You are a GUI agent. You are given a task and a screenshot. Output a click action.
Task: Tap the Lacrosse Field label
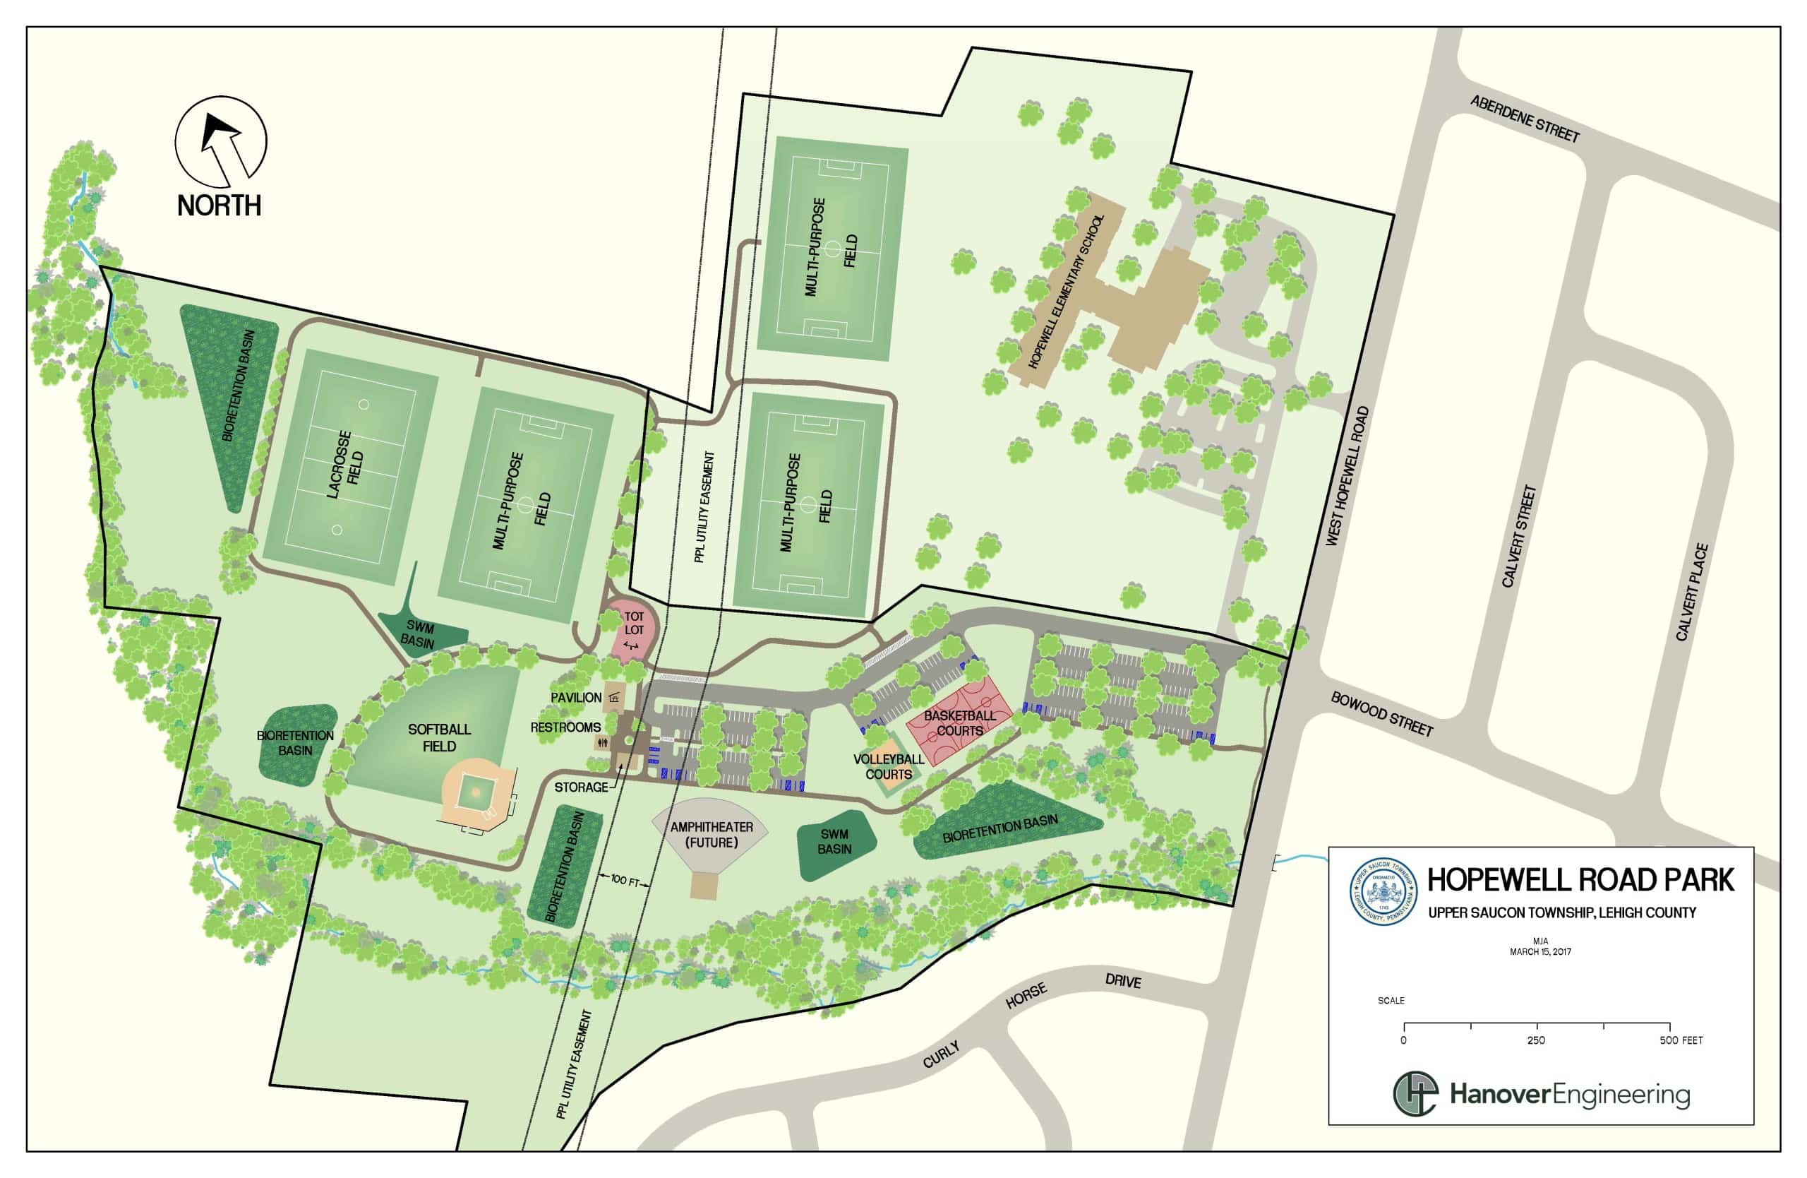point(345,464)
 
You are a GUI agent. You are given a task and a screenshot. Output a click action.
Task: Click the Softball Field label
point(439,737)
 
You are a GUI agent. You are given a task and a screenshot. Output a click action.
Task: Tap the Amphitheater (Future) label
point(712,835)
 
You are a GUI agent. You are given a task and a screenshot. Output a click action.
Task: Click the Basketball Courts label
point(959,723)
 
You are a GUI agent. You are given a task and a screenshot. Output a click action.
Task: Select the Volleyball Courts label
point(888,766)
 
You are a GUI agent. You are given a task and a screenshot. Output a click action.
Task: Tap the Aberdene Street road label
point(1524,119)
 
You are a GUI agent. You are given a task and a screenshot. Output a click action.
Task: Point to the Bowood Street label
point(1381,714)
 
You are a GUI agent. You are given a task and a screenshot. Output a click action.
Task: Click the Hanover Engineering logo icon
point(1415,1095)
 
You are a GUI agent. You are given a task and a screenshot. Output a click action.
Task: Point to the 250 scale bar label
point(1536,1040)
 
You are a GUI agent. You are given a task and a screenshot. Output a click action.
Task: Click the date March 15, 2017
point(1540,952)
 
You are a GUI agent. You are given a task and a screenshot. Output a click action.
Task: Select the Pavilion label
point(576,697)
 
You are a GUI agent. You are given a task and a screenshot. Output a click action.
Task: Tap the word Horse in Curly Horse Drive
point(1026,996)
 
